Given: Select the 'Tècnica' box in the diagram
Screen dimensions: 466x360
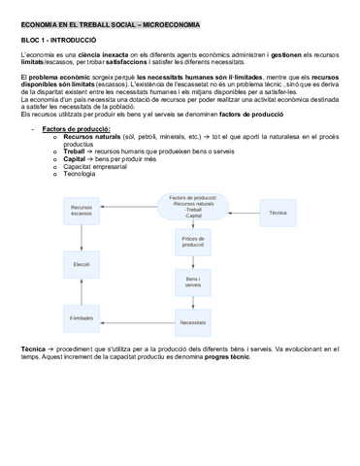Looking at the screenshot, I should point(278,212).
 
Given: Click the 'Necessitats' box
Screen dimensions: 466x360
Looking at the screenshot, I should point(192,321).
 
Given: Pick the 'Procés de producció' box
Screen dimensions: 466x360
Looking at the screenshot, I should point(192,242).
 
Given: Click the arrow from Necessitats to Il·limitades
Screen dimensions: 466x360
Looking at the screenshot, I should point(137,320).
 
